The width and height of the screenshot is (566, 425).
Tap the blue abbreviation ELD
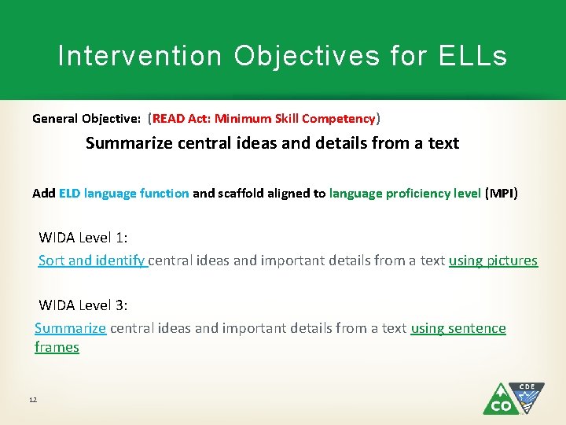click(69, 193)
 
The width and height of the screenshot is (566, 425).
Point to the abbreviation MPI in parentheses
click(502, 193)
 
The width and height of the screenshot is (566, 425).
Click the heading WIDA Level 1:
click(83, 238)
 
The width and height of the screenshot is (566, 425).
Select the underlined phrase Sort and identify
click(92, 261)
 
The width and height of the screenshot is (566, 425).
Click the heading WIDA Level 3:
click(83, 305)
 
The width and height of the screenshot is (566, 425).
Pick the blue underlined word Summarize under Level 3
click(70, 328)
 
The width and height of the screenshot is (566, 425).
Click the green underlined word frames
click(57, 347)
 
